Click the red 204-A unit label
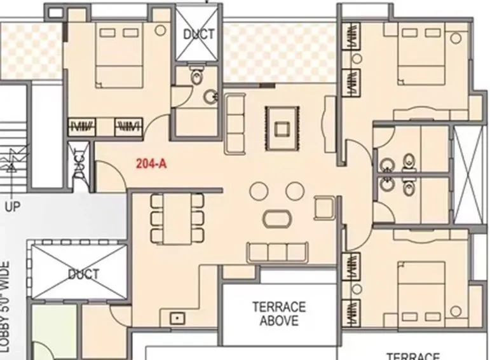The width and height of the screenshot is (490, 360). (x=151, y=163)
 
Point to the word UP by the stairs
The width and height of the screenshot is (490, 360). (x=13, y=206)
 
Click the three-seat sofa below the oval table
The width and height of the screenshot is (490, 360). (x=278, y=253)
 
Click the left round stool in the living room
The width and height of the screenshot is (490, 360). (x=259, y=190)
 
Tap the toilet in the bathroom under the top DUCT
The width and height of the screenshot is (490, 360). (x=198, y=77)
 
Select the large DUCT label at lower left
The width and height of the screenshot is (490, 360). (x=84, y=274)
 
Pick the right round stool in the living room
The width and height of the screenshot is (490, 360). (x=294, y=190)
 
